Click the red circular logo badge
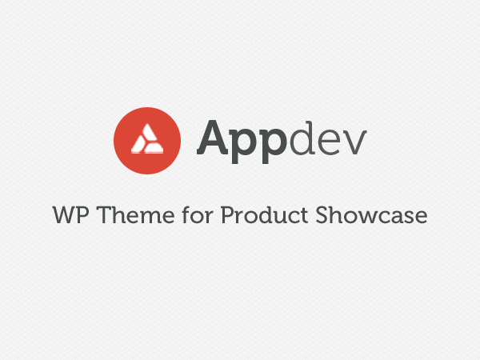coord(147,141)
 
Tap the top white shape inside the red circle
coord(149,133)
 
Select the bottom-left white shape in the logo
coord(138,145)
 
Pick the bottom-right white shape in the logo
coord(154,148)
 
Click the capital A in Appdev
coord(212,138)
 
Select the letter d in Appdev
coord(302,138)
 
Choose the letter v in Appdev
coord(354,142)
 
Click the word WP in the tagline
coord(70,215)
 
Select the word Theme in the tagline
coord(136,215)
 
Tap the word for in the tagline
coord(198,214)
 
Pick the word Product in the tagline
coord(265,214)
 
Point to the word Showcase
coord(371,214)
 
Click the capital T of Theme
coord(105,215)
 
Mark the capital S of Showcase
coord(322,215)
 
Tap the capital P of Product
coord(227,215)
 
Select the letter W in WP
coord(64,215)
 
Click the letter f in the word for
coord(186,214)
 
